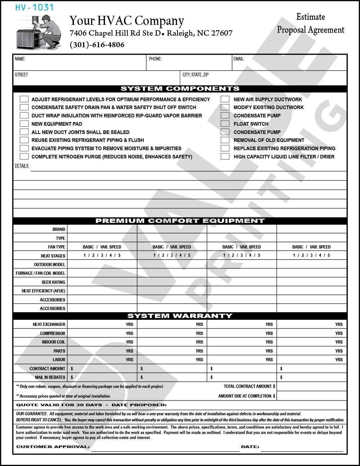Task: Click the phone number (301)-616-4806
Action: click(x=97, y=45)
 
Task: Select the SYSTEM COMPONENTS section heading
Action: click(x=180, y=89)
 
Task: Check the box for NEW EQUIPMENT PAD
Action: click(x=24, y=124)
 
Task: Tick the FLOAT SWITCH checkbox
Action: click(x=225, y=124)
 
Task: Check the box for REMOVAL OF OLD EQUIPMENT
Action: click(x=225, y=140)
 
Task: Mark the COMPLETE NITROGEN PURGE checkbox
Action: click(x=24, y=157)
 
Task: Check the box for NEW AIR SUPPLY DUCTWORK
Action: click(x=225, y=99)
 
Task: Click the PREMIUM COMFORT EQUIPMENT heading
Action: click(x=180, y=221)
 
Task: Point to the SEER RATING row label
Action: click(x=54, y=282)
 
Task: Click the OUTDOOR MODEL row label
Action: click(x=50, y=265)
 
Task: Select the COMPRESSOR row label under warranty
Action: click(x=53, y=333)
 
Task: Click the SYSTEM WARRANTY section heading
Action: click(x=180, y=316)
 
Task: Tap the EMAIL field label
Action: click(x=239, y=59)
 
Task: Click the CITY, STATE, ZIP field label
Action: click(x=195, y=75)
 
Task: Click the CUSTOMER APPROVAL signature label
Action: click(x=53, y=447)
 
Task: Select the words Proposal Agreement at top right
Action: click(x=310, y=30)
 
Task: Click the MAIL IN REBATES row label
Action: click(x=50, y=377)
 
